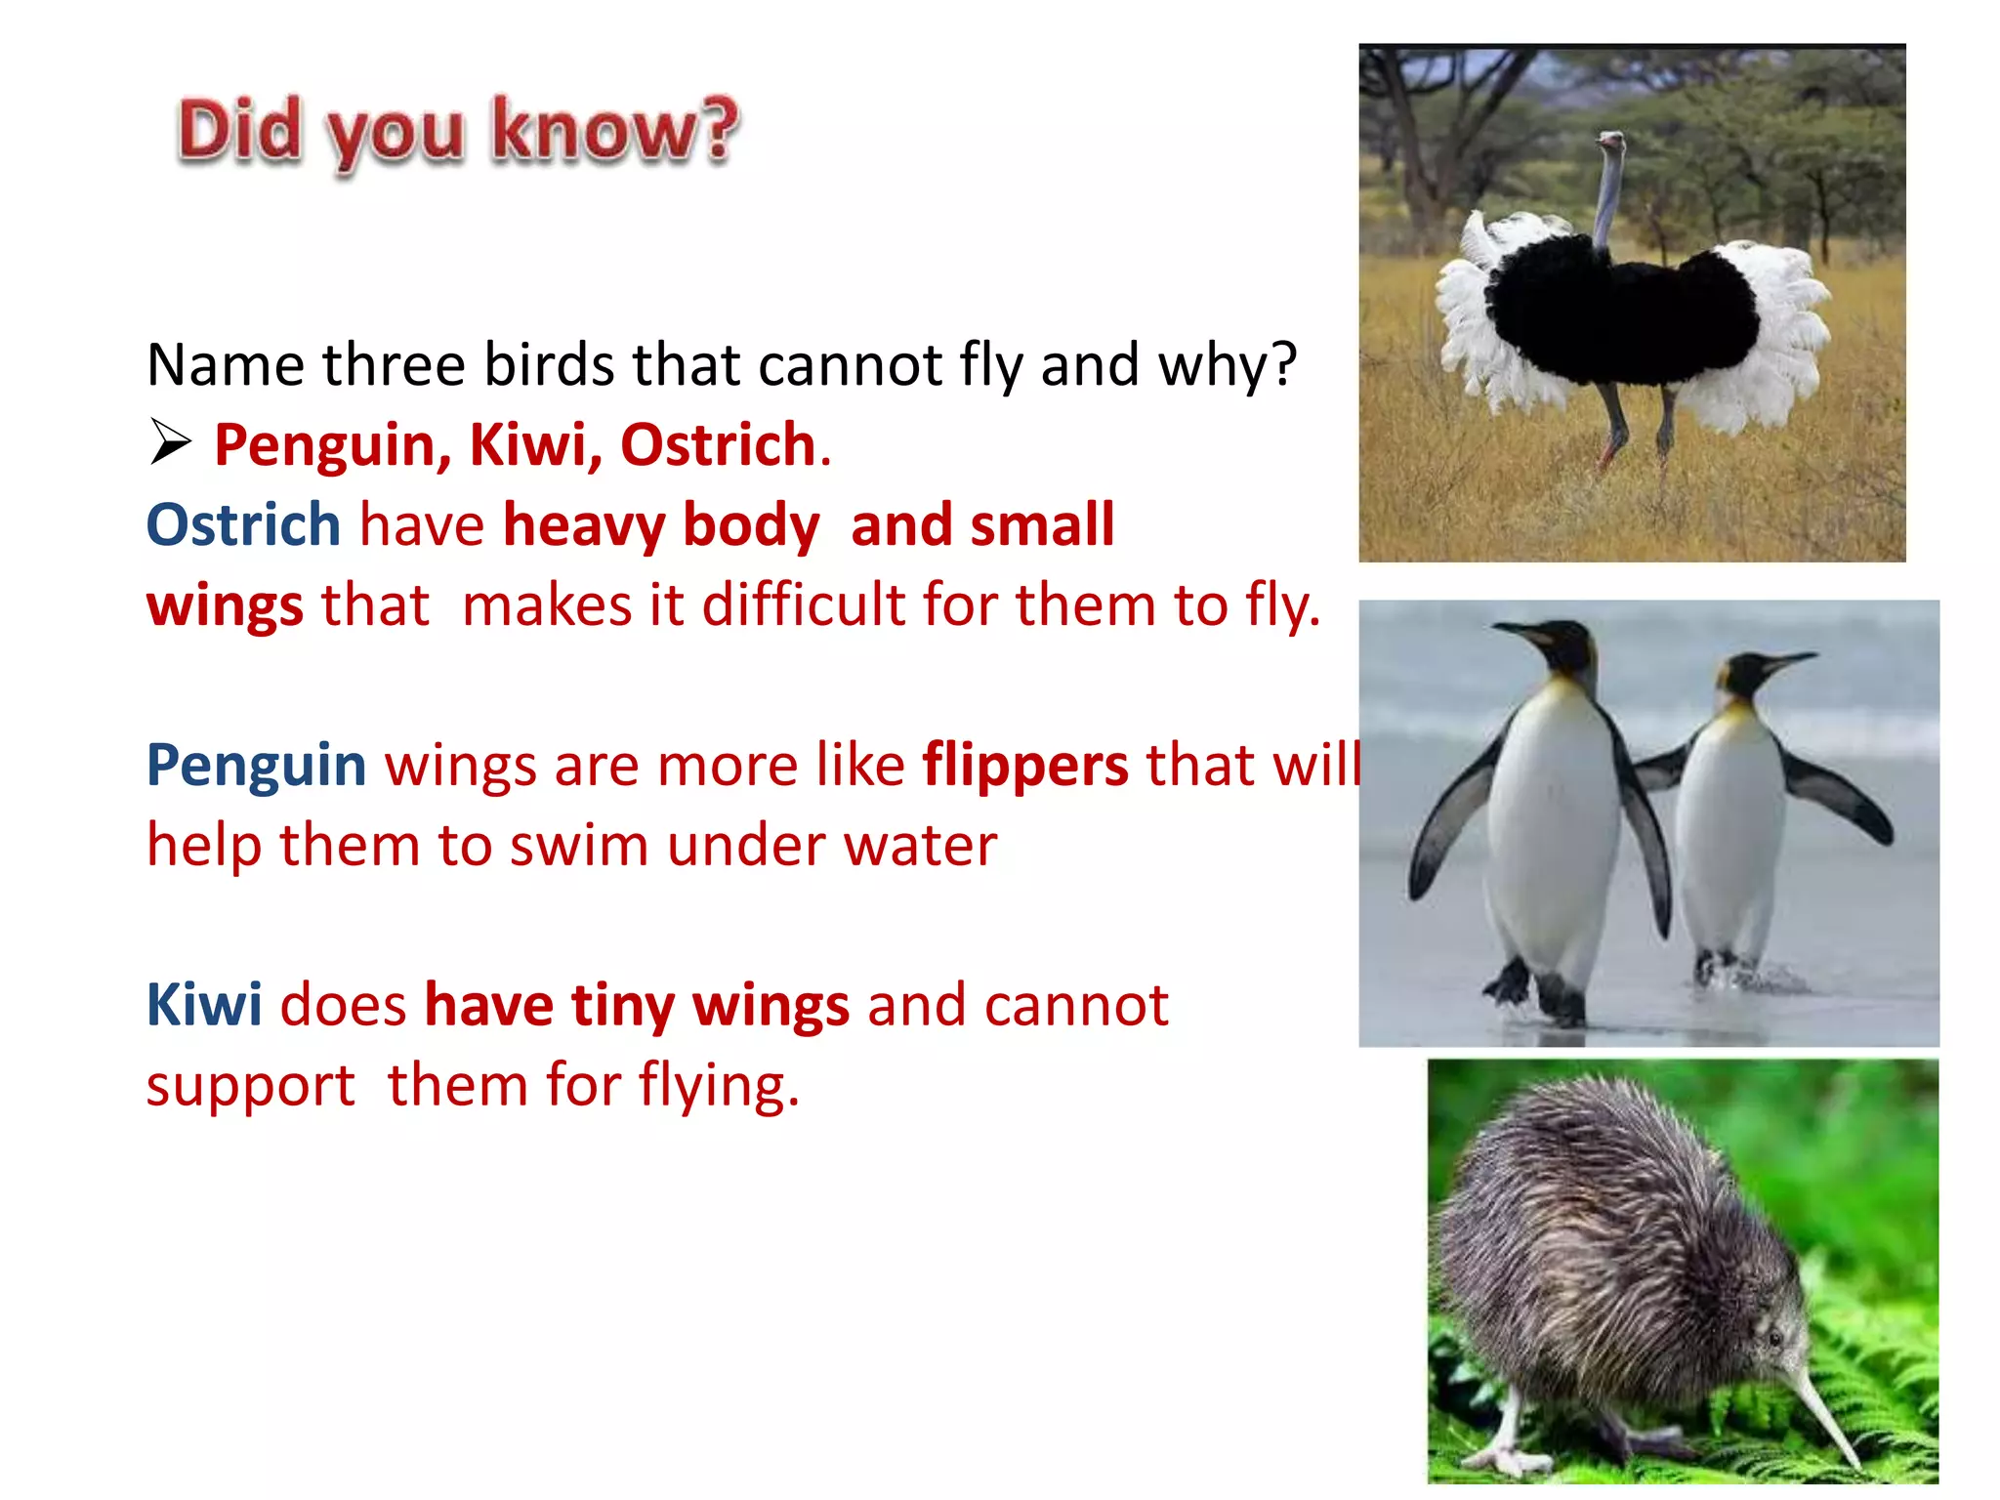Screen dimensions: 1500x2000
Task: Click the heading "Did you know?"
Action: pyautogui.click(x=458, y=132)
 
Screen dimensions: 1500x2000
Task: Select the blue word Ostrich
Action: pyautogui.click(x=243, y=525)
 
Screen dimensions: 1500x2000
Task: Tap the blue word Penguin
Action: pyautogui.click(x=256, y=765)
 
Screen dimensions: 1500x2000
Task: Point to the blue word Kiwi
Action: pyautogui.click(x=204, y=1005)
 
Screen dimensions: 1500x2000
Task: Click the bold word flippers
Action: pyautogui.click(x=1025, y=765)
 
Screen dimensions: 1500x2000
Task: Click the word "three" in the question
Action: pyautogui.click(x=395, y=365)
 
